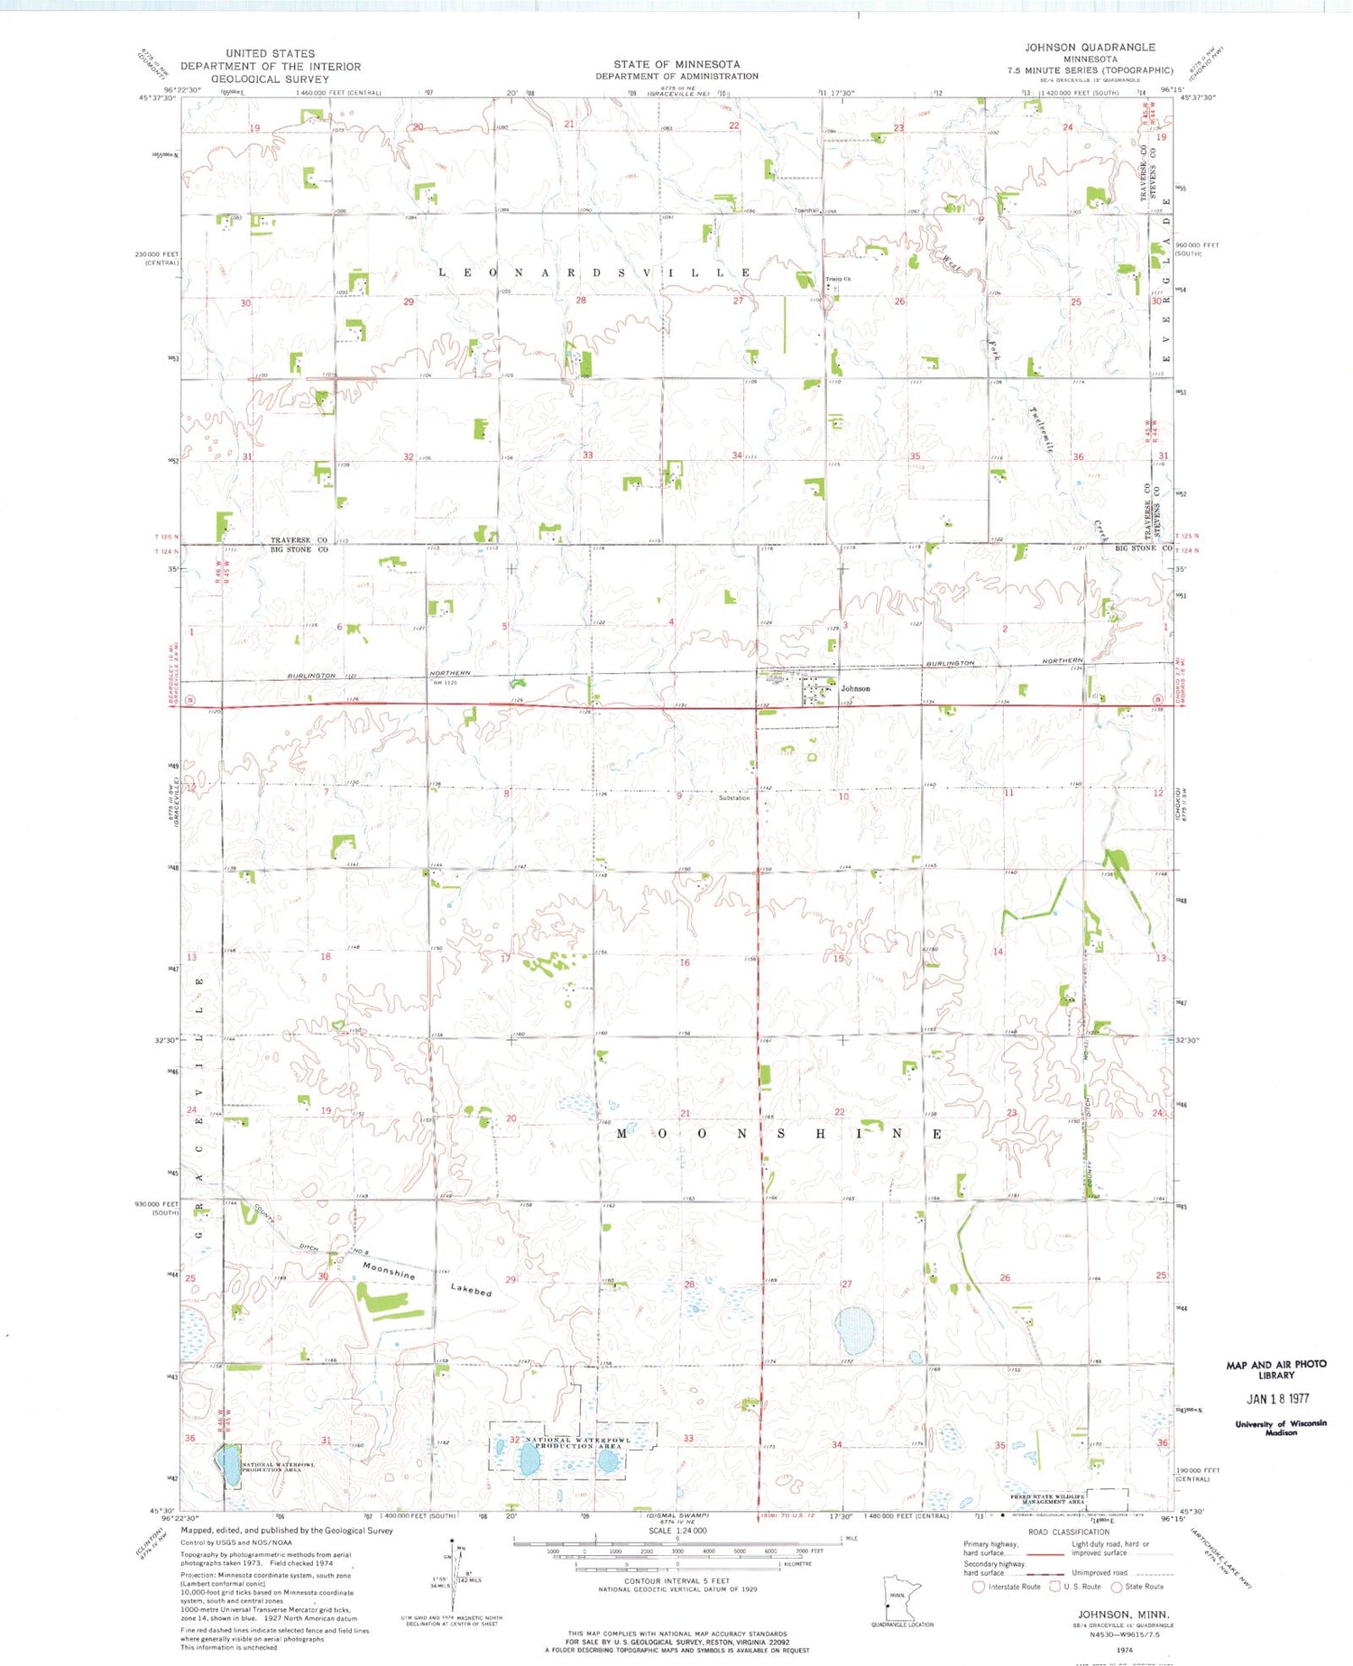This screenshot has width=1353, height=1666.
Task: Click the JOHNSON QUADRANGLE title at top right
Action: (1089, 47)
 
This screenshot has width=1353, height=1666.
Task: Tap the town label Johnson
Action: (855, 688)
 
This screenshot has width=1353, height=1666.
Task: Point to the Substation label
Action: (734, 797)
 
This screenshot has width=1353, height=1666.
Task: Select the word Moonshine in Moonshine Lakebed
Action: (389, 1270)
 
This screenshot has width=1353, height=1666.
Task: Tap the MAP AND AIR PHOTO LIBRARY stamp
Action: (1276, 1369)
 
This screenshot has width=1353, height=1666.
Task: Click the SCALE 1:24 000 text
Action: (676, 1531)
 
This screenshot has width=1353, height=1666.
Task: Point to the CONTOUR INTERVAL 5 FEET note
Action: (676, 1581)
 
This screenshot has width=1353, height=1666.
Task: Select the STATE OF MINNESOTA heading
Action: (676, 64)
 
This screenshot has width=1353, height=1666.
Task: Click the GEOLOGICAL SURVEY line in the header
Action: (270, 78)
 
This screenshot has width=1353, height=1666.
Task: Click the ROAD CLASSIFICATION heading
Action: (1068, 1532)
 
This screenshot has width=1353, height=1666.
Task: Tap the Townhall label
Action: (805, 210)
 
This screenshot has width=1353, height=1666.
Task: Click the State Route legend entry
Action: (1138, 1587)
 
